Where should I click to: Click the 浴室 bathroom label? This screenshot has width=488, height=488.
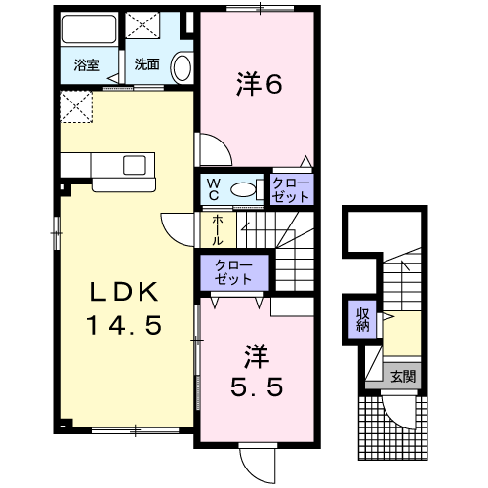point(86,65)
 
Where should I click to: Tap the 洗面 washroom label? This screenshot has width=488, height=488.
point(146,64)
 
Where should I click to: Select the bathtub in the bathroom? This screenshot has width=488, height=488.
point(90,28)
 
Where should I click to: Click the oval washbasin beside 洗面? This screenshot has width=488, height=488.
point(182,67)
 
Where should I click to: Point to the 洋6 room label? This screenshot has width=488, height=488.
point(260,84)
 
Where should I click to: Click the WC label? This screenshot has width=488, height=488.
point(214,189)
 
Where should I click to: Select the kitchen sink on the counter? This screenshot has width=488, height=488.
point(135,165)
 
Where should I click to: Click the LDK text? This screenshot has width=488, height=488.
point(124,292)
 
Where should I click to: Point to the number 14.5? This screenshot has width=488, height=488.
point(124,325)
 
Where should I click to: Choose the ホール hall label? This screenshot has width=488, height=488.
point(218,230)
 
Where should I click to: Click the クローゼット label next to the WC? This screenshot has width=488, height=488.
point(291,190)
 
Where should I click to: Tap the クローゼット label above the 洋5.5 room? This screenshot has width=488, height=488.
point(233,272)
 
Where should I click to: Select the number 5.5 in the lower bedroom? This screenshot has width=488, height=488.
point(257,387)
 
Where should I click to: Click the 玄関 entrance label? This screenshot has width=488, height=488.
point(403,377)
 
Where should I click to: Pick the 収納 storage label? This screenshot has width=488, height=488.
point(362,319)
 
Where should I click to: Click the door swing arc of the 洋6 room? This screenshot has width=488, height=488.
point(222,142)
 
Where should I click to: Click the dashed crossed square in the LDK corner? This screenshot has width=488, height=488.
point(76,107)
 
